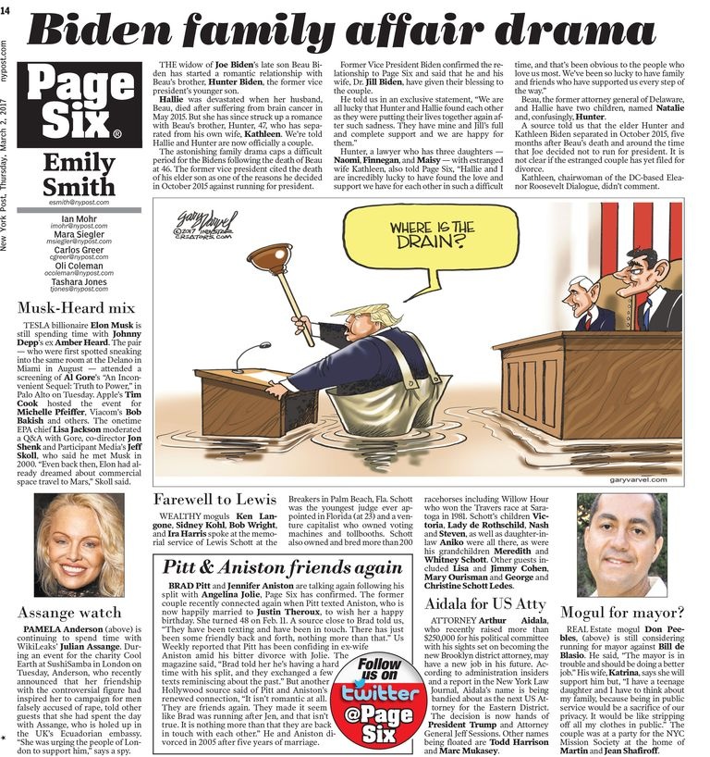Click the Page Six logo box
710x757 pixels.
tap(78, 106)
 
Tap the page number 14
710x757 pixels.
tap(8, 10)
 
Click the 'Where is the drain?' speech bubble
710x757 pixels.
tap(432, 240)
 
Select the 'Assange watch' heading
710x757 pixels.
tap(69, 613)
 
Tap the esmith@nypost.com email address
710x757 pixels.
tap(78, 202)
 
